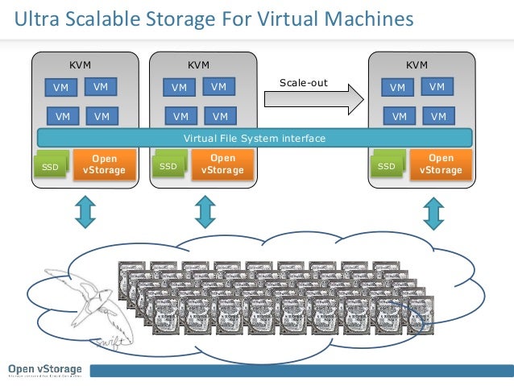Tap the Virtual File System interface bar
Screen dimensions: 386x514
[x=255, y=139]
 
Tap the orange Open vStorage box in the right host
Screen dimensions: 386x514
[x=441, y=164]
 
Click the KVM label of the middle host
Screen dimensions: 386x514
[x=198, y=65]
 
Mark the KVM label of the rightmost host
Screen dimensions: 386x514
[x=417, y=65]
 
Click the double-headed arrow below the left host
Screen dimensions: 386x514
[x=85, y=211]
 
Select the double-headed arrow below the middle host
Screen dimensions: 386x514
[x=205, y=211]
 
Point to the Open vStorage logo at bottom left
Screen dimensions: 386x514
[x=44, y=369]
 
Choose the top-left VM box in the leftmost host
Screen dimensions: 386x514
[x=60, y=87]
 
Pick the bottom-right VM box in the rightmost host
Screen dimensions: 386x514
[x=438, y=117]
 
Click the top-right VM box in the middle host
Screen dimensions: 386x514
[x=219, y=86]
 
